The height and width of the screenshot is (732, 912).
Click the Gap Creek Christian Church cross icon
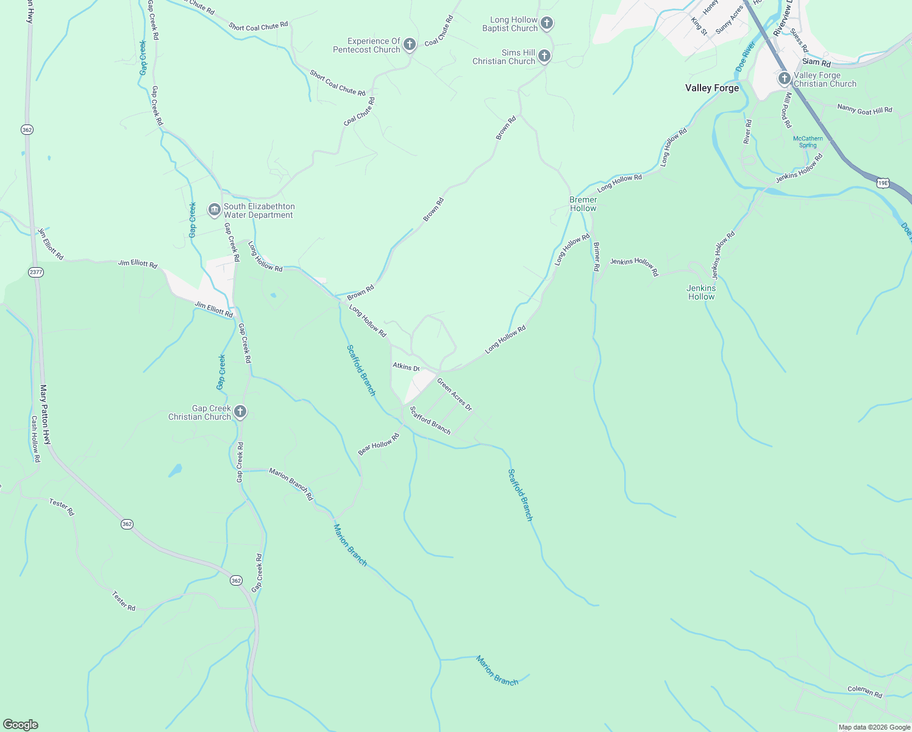coord(240,412)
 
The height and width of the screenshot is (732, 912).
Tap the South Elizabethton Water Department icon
coord(214,210)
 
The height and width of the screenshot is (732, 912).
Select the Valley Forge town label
coord(711,88)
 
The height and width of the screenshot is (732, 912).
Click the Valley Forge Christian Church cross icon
coord(785,79)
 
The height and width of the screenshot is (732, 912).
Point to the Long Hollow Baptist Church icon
coord(547,24)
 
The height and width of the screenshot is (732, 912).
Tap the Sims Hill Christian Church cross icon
coord(544,56)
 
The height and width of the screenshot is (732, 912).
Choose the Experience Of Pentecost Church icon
coord(410,45)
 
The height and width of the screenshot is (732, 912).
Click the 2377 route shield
coord(36,272)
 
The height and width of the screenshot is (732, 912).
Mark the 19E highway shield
coord(883,182)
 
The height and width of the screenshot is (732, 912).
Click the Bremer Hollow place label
coord(583,204)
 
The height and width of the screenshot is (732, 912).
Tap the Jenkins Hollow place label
coord(701,292)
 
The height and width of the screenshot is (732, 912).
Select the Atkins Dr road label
coord(406,367)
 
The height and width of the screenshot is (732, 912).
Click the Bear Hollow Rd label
coord(379,444)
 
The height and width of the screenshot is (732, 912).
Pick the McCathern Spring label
coord(808,142)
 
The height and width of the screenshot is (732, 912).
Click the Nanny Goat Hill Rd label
coord(864,109)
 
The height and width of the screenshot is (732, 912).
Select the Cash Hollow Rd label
coord(35,439)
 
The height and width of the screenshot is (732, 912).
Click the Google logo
coord(20,725)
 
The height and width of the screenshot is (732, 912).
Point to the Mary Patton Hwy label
coord(46,414)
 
